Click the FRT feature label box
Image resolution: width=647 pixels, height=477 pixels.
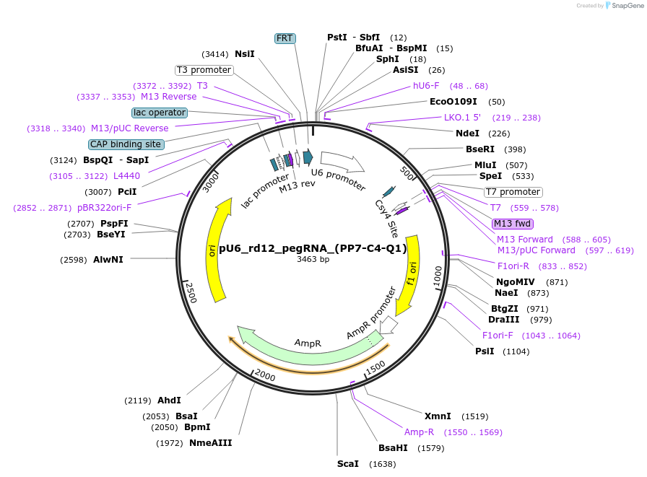[285, 38]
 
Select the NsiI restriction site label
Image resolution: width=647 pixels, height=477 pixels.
[245, 53]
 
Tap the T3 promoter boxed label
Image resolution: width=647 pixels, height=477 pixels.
[204, 70]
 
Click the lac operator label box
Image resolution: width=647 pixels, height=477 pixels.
[160, 113]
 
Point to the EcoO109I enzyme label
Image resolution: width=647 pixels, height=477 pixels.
[453, 102]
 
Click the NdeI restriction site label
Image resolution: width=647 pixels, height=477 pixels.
[467, 133]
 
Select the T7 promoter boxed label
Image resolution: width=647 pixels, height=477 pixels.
[513, 192]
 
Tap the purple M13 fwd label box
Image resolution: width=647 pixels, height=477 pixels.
[513, 224]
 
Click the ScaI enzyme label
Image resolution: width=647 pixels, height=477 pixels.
[347, 463]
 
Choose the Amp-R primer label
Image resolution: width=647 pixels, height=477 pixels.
[419, 432]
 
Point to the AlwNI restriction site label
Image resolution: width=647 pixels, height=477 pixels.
[108, 259]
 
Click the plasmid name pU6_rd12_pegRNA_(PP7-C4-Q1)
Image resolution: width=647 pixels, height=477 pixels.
[313, 248]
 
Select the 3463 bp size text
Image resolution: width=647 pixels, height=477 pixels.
[313, 259]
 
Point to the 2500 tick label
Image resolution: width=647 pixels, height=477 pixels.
[191, 293]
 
